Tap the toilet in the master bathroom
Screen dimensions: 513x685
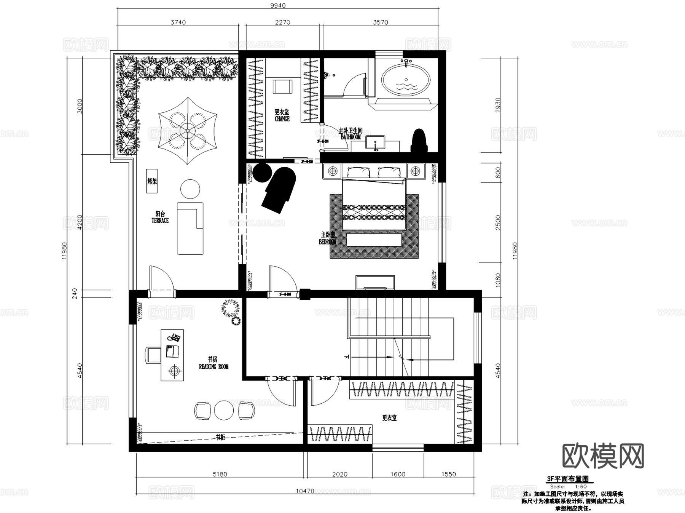(419, 141)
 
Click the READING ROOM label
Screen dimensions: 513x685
(213, 366)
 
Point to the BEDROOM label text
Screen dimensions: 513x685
(328, 241)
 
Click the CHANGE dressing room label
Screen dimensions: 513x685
(282, 118)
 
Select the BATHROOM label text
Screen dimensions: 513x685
(350, 137)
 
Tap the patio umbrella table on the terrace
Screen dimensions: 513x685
(187, 130)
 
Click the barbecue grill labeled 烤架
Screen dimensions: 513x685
(152, 181)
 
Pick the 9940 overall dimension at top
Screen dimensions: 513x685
(278, 5)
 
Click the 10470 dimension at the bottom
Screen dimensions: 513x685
(305, 491)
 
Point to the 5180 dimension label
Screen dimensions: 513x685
(220, 474)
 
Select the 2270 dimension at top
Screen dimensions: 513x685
(282, 22)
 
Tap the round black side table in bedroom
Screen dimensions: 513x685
(262, 173)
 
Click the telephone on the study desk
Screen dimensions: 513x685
(175, 337)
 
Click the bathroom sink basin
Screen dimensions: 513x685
(375, 142)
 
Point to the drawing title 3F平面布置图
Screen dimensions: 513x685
(567, 479)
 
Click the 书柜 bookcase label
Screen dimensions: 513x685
(220, 437)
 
